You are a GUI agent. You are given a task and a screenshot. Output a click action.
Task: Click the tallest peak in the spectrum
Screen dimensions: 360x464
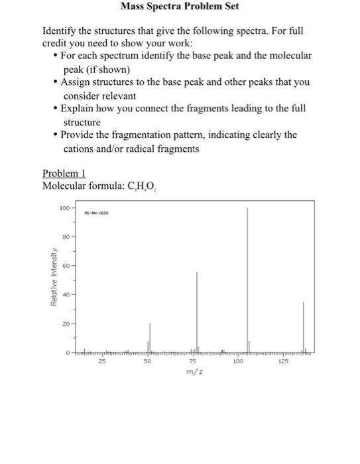pos(248,278)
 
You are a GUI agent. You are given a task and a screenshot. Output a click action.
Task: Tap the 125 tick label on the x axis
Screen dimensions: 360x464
pos(284,361)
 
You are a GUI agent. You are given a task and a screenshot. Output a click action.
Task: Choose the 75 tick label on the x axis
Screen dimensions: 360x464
pos(193,361)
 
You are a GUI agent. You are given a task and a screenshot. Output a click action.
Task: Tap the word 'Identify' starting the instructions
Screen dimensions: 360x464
pos(60,31)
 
